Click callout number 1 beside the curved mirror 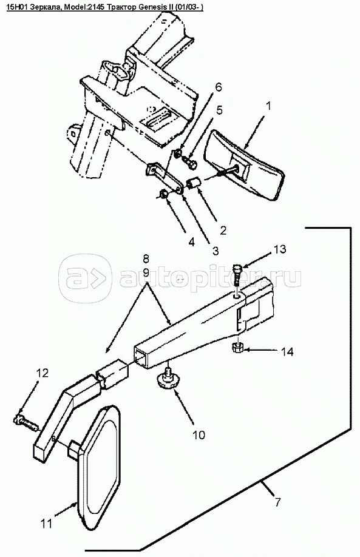coord(268,106)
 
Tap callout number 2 coord(223,230)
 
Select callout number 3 coord(216,251)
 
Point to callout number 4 coord(192,242)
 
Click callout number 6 coord(218,87)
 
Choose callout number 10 coord(199,434)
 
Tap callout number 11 coord(47,523)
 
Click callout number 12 coord(42,373)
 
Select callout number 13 coord(280,249)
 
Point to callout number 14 coord(287,352)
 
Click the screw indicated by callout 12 coord(27,422)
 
